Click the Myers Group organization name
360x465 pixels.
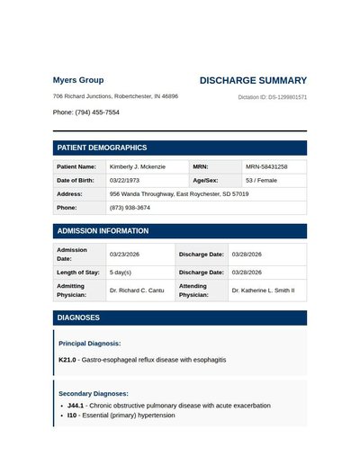(78, 80)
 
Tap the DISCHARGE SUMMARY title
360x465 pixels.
(253, 80)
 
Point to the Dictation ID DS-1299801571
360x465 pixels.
(273, 97)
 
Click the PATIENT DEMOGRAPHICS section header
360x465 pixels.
(102, 148)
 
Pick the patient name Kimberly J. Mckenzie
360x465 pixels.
(137, 166)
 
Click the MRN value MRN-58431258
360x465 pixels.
(266, 166)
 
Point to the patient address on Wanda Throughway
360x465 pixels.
(179, 193)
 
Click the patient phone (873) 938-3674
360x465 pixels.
(130, 208)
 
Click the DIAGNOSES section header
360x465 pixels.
(78, 317)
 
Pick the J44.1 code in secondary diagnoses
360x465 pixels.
(76, 406)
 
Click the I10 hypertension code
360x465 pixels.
(72, 416)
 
